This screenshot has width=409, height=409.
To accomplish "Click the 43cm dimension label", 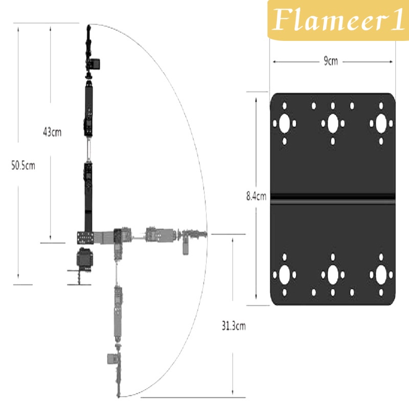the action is (52, 132).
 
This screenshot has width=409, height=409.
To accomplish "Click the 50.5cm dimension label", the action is (23, 165).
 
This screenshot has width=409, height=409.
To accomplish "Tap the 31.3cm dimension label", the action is (234, 326).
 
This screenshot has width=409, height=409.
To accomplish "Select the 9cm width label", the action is (331, 61).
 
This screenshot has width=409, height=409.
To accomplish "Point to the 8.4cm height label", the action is (257, 196).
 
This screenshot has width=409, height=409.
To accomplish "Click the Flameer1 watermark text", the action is (338, 19).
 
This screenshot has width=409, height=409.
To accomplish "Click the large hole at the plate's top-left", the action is (285, 123).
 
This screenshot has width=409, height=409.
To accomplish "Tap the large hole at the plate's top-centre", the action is (333, 123).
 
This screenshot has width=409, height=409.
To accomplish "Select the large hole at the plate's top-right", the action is (381, 123).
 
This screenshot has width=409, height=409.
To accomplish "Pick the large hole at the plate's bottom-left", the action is (285, 275).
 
